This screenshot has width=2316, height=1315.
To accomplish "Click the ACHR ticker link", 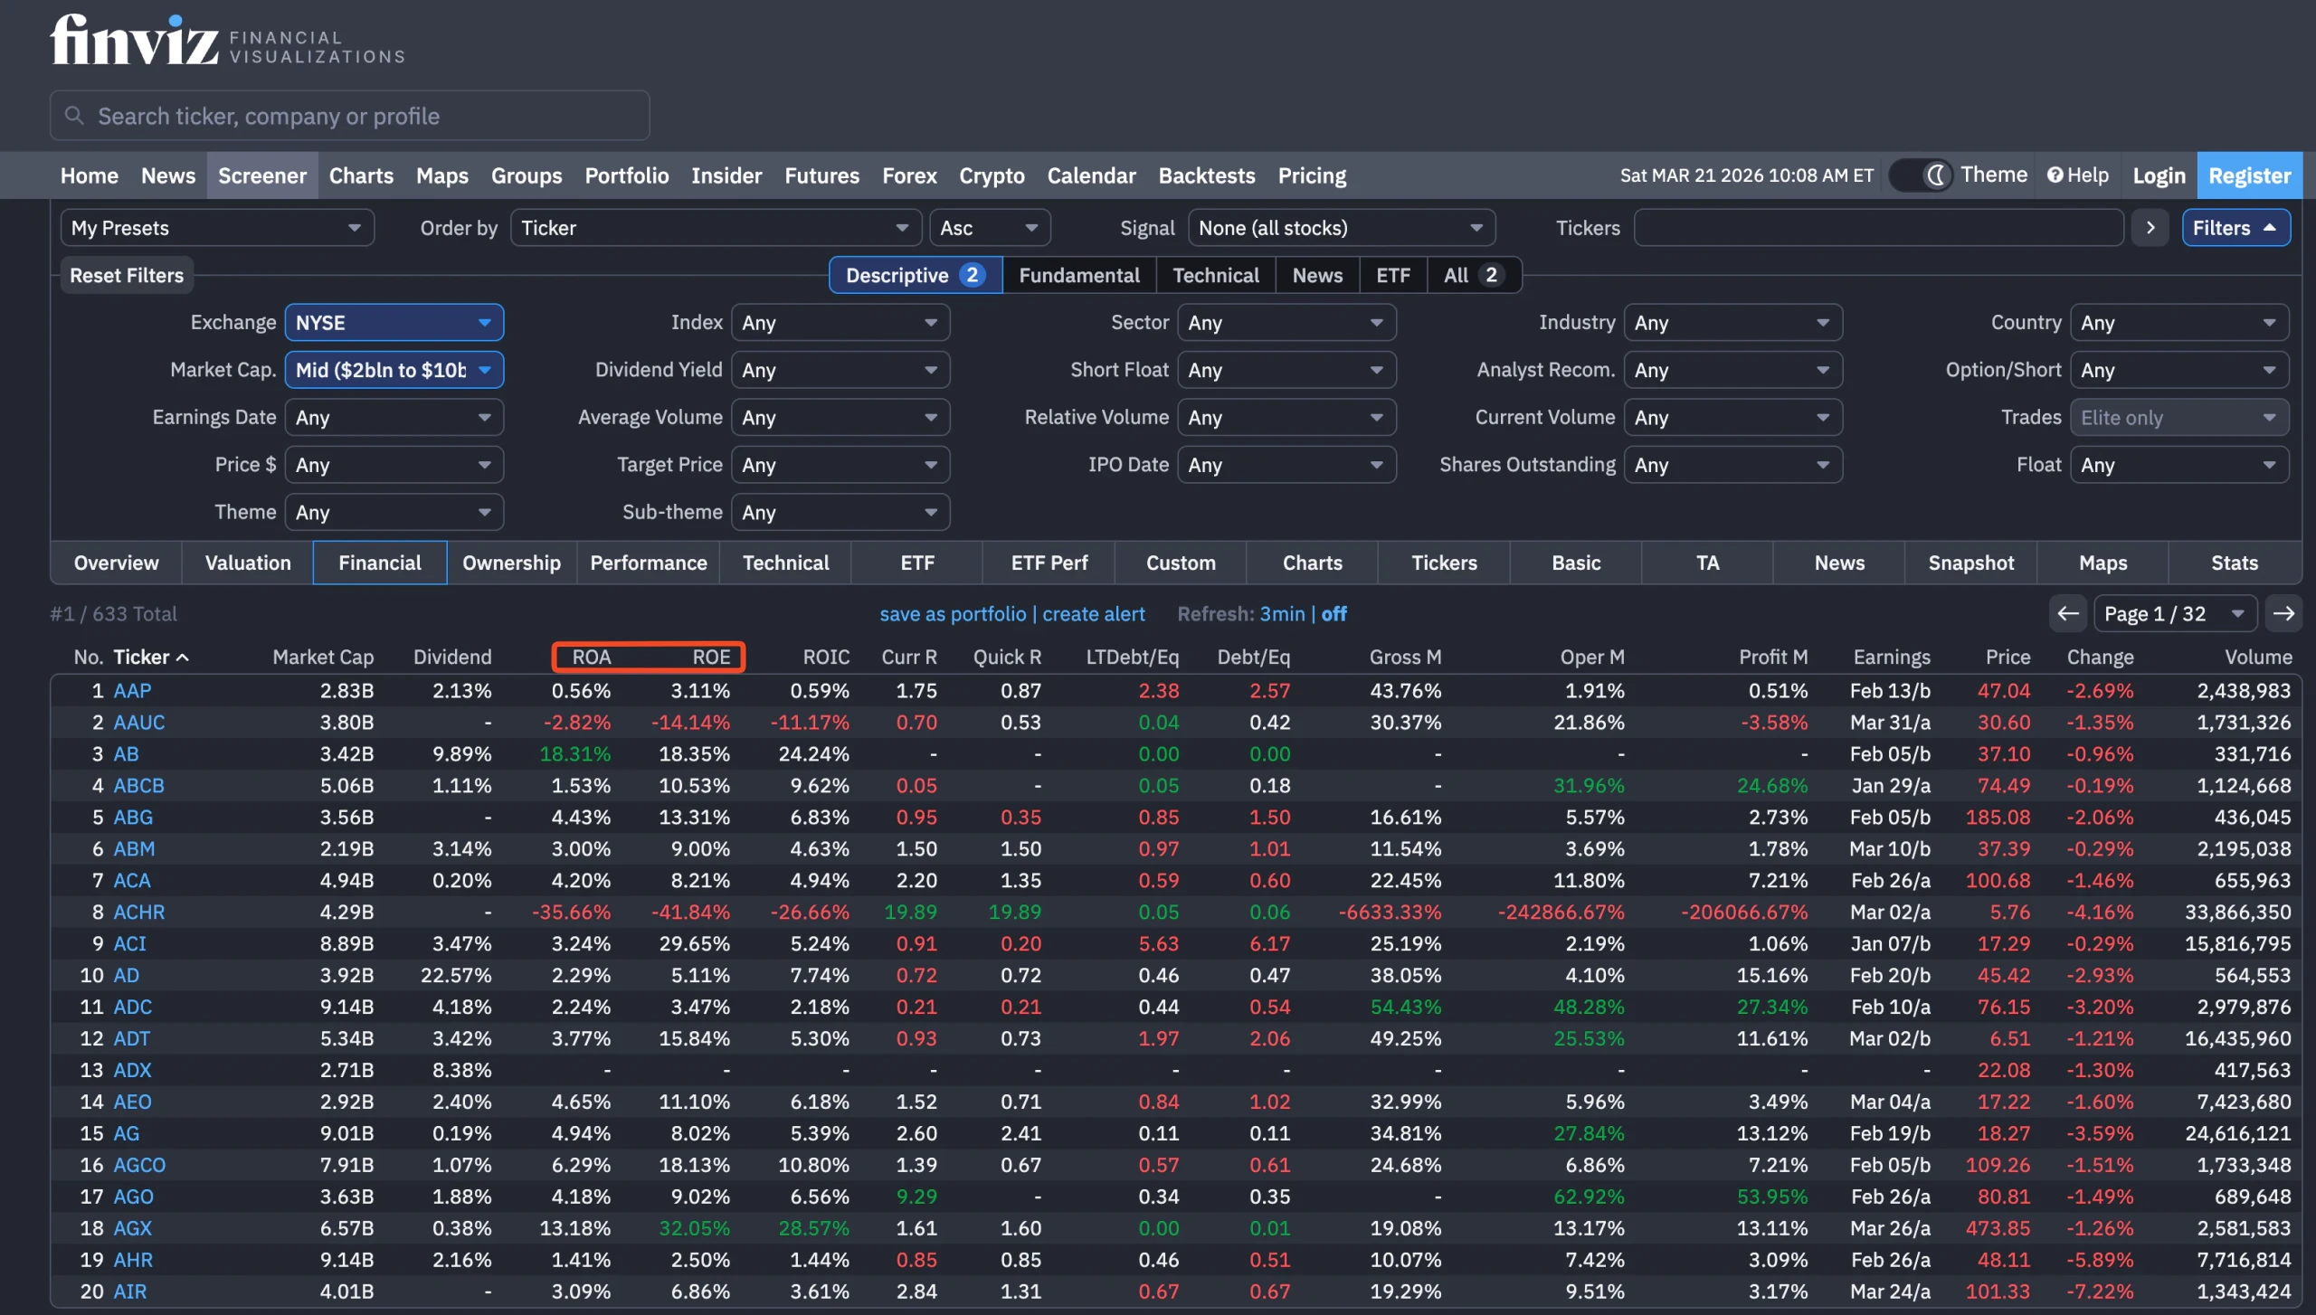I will [x=138, y=912].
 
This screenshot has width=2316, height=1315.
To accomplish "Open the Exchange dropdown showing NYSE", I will [x=394, y=323].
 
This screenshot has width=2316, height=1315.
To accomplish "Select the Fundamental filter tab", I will [x=1078, y=275].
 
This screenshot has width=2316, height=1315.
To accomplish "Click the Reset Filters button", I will [x=127, y=275].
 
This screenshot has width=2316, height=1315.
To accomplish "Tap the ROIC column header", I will [x=825, y=657].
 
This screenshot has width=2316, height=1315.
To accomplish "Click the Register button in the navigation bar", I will [x=2249, y=175].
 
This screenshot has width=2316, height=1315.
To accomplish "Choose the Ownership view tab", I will [x=511, y=563].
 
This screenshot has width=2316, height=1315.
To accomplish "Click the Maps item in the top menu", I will [x=441, y=175].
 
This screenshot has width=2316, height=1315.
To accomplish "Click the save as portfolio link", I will [x=952, y=614].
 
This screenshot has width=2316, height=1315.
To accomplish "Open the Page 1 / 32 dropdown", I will [x=2174, y=614].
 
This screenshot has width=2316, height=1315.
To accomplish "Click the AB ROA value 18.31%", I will [x=574, y=753].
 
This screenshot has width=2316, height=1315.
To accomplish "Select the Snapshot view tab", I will [x=1970, y=563].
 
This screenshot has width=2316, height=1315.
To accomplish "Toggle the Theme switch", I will [x=1921, y=175].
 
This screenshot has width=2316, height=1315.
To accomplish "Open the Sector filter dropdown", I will [x=1286, y=323].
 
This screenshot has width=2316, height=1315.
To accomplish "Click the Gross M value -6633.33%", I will [x=1390, y=912].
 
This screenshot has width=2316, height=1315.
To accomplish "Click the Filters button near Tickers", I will [x=2235, y=228].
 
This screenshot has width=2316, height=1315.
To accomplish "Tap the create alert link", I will [x=1093, y=614].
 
